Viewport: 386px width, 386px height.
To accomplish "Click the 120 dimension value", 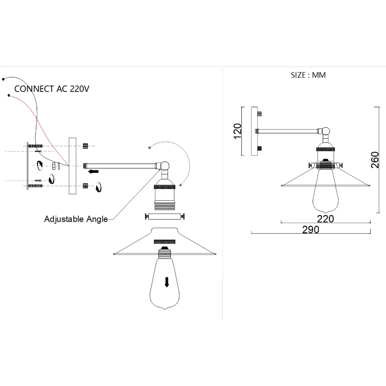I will [238, 131].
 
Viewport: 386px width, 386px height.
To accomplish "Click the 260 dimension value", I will [375, 160].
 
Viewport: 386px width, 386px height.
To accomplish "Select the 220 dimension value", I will [325, 219].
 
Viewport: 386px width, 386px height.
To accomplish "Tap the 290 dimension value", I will [311, 230].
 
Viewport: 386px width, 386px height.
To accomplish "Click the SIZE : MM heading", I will [308, 75].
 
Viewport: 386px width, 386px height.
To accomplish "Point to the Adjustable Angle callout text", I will [76, 219].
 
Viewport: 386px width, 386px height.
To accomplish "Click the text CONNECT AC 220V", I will [52, 89].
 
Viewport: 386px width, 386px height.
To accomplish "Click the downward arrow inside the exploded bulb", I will [167, 282].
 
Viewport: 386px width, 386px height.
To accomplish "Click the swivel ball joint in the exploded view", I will [165, 166].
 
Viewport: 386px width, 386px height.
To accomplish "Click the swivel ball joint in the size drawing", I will [326, 131].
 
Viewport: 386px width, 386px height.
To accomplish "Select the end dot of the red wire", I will [9, 95].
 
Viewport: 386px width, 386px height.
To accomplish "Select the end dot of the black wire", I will [3, 79].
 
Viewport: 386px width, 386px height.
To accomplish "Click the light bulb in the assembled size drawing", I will [325, 190].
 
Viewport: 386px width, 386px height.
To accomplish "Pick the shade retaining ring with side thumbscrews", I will [165, 216].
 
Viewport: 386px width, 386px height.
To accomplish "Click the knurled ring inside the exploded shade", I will [165, 242].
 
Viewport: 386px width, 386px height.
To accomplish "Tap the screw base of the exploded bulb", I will [165, 253].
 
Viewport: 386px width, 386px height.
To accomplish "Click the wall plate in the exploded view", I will [73, 166].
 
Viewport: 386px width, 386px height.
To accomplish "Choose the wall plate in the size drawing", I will [254, 131].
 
